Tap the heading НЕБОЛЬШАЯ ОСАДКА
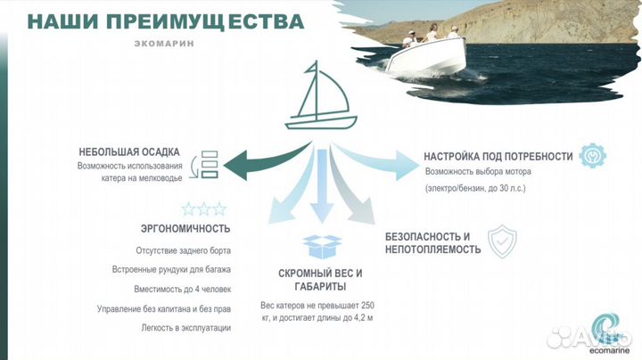(128, 151)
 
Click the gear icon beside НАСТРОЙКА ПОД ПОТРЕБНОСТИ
(593, 156)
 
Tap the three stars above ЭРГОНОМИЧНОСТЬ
(204, 209)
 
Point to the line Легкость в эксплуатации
(188, 328)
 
